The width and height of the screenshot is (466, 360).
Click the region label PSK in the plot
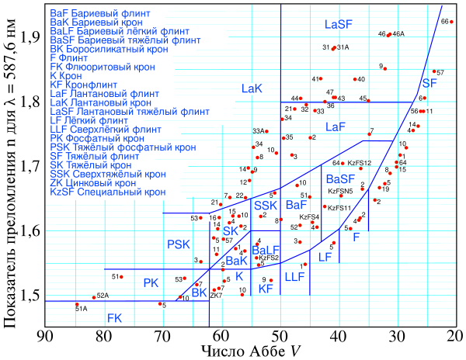pos(178,244)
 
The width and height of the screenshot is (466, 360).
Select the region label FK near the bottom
pos(114,317)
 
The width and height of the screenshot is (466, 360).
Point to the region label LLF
pos(294,276)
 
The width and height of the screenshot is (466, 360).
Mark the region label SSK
pos(266,205)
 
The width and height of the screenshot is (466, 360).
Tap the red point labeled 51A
pos(77,304)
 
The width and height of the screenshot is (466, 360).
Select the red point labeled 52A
pos(94,297)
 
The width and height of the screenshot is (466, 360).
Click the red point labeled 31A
pos(333,48)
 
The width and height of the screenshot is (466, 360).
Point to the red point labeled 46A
pos(389,35)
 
